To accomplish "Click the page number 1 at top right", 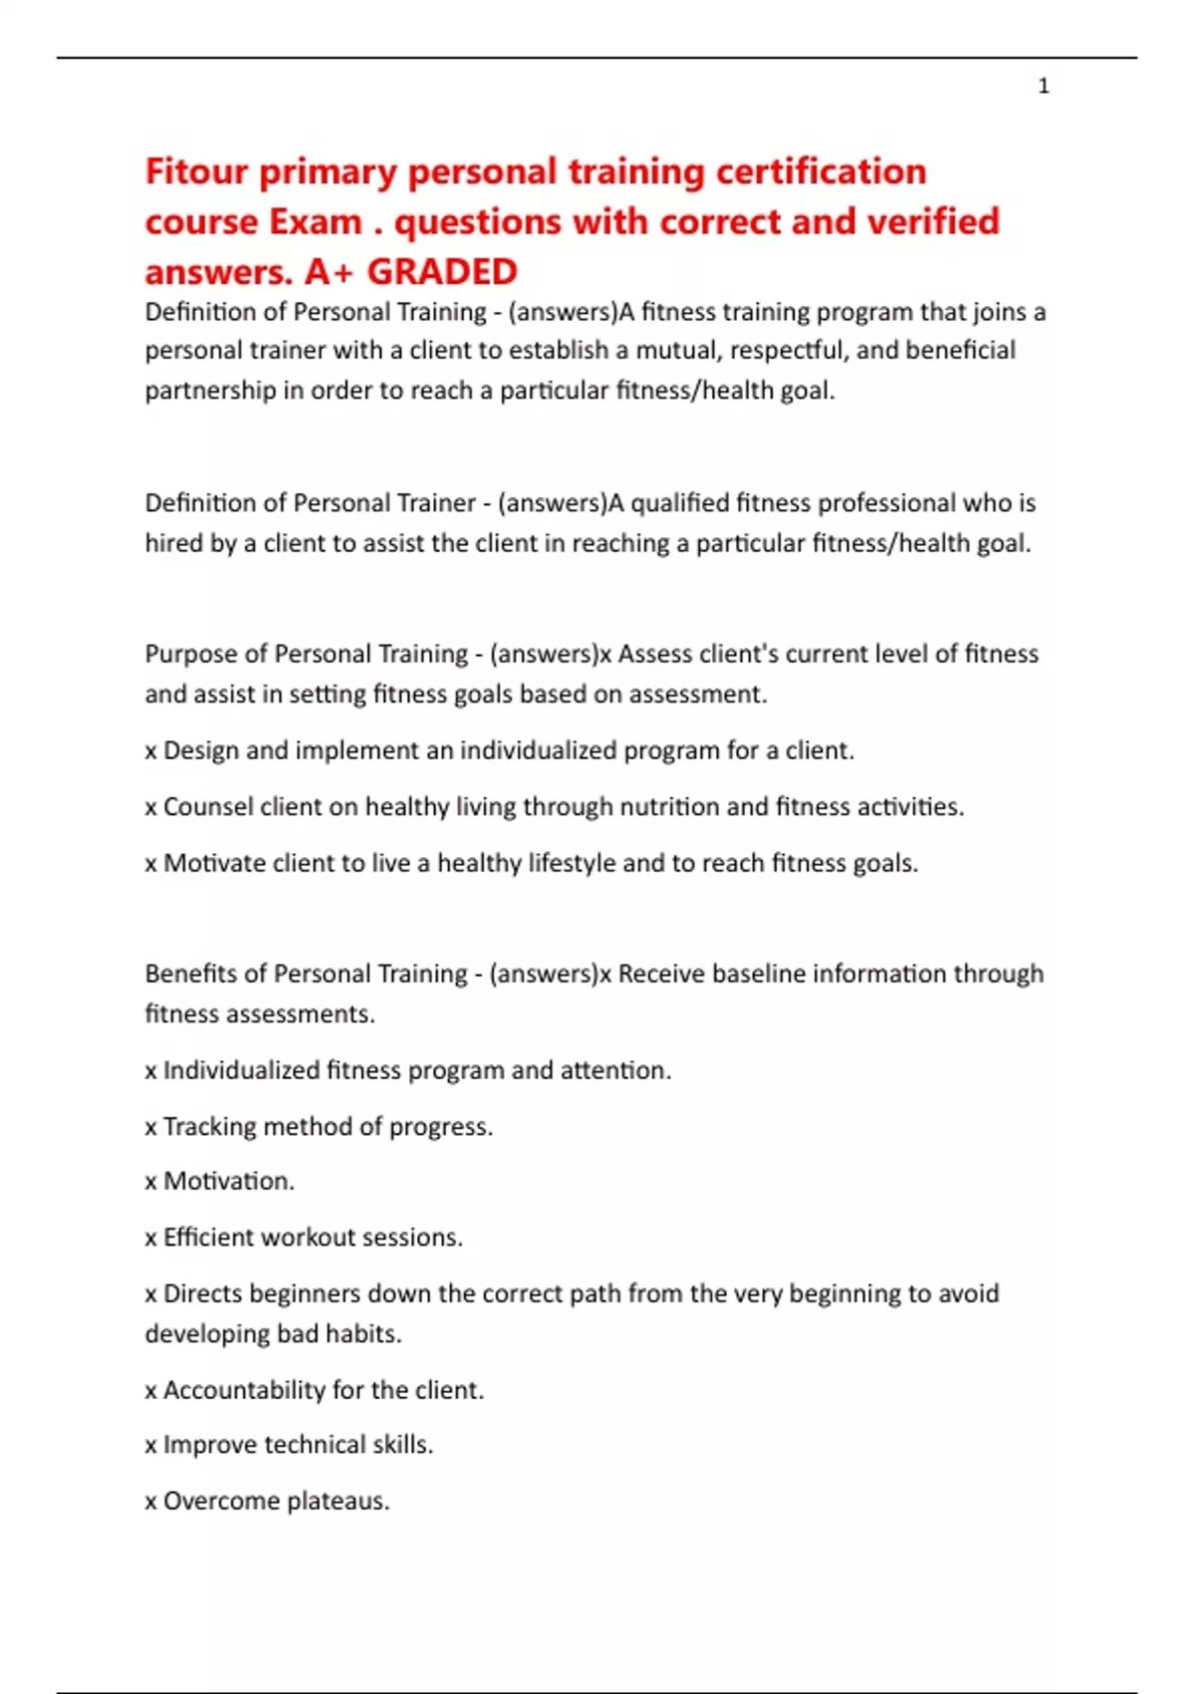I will point(1043,87).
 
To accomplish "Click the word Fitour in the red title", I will point(196,171).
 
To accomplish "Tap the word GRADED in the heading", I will point(442,271).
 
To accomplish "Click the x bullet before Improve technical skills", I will point(150,1446).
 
